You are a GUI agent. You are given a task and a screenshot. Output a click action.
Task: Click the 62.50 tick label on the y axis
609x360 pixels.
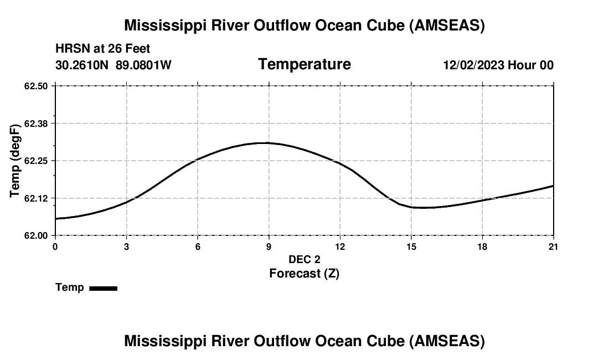tap(36, 86)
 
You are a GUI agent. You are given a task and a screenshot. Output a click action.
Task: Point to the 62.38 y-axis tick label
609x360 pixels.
tap(36, 124)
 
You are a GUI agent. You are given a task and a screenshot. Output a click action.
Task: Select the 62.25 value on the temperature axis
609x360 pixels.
tap(36, 161)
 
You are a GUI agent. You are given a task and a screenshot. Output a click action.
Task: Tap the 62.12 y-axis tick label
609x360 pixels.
tap(36, 198)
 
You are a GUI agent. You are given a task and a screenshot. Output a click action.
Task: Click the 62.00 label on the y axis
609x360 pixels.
tap(36, 235)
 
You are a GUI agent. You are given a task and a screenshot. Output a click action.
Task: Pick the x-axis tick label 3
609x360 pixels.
tap(126, 246)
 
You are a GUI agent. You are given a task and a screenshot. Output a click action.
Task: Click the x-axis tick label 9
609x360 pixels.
tap(269, 246)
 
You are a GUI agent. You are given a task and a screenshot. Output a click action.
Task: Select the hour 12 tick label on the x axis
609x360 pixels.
tap(340, 246)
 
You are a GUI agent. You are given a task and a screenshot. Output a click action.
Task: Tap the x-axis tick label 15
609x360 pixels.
tap(411, 246)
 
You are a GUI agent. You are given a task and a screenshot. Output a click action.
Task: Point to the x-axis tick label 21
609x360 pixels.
tap(553, 246)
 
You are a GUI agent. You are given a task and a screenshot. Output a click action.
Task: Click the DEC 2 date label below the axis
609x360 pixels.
tap(304, 259)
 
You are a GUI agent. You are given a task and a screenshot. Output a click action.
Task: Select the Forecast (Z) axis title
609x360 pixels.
tap(304, 273)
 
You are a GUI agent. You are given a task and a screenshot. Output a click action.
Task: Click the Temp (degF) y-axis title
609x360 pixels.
tap(16, 161)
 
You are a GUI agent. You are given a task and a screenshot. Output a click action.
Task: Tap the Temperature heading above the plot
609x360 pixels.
tap(304, 64)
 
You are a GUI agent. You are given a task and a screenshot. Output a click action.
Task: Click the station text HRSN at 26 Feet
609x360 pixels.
tap(103, 49)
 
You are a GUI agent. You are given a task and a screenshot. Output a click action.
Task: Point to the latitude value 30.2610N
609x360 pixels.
tap(82, 65)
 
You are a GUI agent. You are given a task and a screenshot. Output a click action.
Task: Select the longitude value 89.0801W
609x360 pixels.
tap(143, 65)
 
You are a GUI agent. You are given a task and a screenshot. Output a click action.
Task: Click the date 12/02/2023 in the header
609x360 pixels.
tap(473, 65)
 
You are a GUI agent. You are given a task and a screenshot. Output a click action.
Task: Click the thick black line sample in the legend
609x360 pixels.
tap(104, 288)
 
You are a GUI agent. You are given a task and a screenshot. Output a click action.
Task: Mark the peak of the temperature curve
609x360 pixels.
tap(267, 143)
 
